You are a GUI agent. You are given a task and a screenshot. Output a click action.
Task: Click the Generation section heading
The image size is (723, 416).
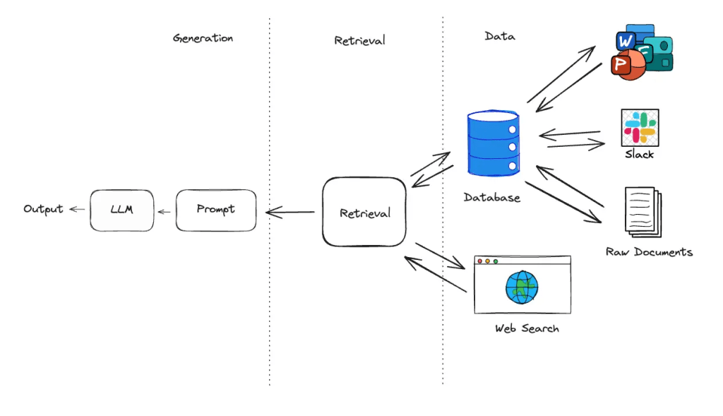pos(203,38)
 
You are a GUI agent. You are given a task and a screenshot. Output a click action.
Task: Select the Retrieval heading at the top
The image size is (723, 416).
pos(359,40)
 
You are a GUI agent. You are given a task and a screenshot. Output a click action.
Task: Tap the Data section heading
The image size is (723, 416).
pos(500,36)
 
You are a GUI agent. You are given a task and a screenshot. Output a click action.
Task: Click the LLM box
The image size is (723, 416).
pos(121,210)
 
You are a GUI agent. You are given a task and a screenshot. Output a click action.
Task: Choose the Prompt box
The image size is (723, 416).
pos(215,210)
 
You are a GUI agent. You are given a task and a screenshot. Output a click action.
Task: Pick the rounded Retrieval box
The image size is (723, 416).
pos(364,213)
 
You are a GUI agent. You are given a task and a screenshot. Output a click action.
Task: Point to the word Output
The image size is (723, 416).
pos(43,209)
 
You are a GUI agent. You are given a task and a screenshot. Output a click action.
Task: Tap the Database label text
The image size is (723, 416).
pos(492,198)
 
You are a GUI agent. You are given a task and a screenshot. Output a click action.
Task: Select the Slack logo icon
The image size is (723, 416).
pos(639,127)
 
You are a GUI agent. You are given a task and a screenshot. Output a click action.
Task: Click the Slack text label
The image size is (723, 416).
pos(639,154)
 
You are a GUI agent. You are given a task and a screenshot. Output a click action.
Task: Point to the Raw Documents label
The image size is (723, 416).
pos(649,251)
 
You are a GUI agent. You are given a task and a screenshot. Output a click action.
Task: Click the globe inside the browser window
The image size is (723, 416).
pos(522,287)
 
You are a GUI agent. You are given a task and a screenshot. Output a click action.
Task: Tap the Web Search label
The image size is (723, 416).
pos(527,328)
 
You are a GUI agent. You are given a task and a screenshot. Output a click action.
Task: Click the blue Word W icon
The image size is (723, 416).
pos(626,42)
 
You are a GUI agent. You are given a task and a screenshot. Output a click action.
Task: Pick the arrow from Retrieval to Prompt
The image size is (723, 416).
pos(290,211)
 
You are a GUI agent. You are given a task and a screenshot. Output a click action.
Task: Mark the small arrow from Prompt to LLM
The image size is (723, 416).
pos(164,210)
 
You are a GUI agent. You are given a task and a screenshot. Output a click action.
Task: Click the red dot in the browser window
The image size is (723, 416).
pos(480,261)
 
